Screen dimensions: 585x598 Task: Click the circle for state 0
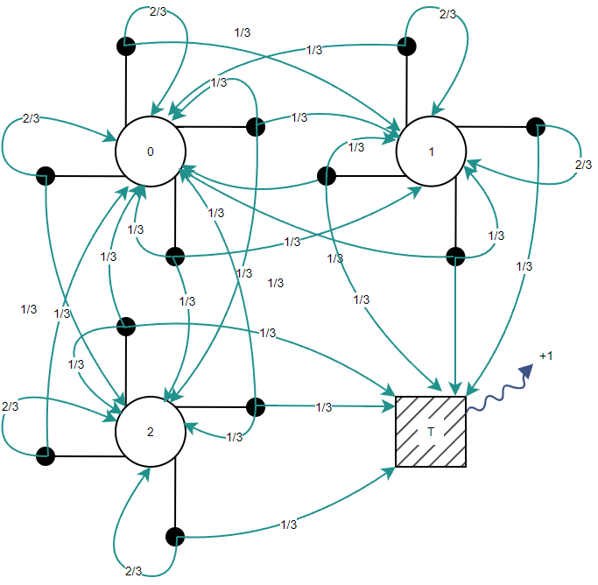click(x=150, y=152)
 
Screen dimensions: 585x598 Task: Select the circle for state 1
click(x=431, y=152)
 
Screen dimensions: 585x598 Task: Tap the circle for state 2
click(x=150, y=431)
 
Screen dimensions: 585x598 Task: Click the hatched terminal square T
click(x=431, y=431)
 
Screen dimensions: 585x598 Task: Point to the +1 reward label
click(x=546, y=356)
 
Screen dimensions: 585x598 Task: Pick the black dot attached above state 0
click(x=126, y=46)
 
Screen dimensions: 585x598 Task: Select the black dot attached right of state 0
click(x=256, y=127)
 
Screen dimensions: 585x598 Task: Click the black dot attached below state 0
click(x=175, y=257)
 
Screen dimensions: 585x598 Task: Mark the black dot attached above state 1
click(x=407, y=46)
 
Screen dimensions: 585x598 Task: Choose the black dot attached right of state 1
click(x=536, y=127)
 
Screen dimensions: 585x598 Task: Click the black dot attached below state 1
click(x=455, y=257)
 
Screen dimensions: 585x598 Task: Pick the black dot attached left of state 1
click(x=326, y=176)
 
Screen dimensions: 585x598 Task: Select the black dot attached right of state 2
click(x=256, y=406)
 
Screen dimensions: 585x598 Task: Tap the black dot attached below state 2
click(x=175, y=536)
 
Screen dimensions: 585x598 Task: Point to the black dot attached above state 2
click(x=126, y=326)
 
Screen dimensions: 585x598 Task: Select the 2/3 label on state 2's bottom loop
click(x=133, y=571)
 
